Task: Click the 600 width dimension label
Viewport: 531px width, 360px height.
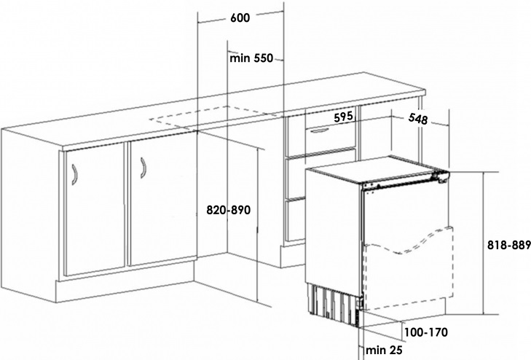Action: (x=240, y=17)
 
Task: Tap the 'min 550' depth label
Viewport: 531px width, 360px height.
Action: (x=251, y=58)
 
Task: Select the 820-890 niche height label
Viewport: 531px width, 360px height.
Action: (x=229, y=210)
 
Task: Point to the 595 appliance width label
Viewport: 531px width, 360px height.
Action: (x=343, y=117)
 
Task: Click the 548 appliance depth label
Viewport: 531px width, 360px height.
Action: (x=418, y=119)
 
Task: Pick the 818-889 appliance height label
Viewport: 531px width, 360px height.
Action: (x=508, y=245)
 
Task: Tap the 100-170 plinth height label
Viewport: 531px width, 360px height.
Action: (x=425, y=332)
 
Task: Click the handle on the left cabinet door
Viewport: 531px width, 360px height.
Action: (x=74, y=174)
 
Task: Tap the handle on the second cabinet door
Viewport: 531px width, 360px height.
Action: (x=143, y=168)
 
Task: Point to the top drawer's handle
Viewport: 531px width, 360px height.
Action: (x=318, y=130)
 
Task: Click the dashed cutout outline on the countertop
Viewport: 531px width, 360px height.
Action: (x=216, y=117)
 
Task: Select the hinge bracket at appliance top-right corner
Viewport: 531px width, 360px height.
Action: (x=440, y=176)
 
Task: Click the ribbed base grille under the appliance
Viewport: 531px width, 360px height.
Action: (x=334, y=303)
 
